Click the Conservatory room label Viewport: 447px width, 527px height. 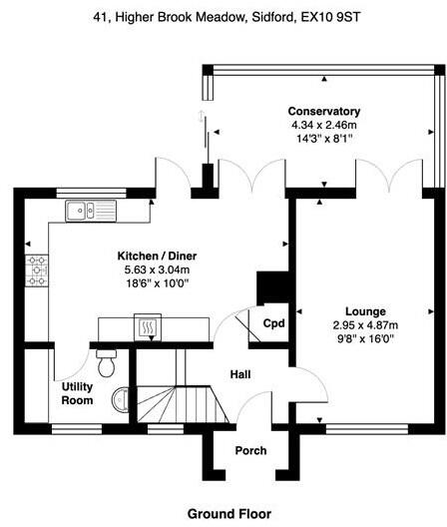(x=323, y=110)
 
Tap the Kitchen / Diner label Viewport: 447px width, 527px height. (x=155, y=257)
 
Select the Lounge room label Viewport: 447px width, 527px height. (x=366, y=310)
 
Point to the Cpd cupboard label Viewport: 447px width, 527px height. (x=272, y=322)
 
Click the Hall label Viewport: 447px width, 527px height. (x=241, y=374)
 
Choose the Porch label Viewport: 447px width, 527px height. (x=250, y=450)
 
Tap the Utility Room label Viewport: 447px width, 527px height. (x=77, y=393)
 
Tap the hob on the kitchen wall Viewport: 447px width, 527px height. (x=38, y=269)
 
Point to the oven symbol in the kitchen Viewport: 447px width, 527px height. (x=146, y=325)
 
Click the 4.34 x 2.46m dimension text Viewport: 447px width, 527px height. (x=323, y=124)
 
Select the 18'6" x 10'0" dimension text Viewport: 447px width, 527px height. (x=155, y=284)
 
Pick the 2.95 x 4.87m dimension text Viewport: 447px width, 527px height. (x=366, y=324)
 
